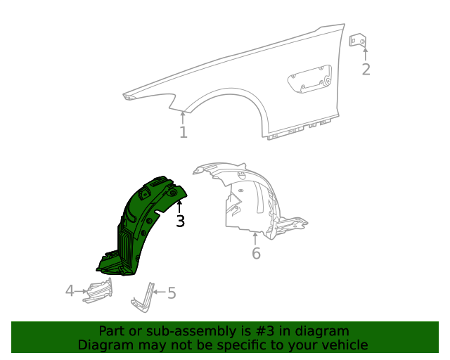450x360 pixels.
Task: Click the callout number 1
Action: [184, 132]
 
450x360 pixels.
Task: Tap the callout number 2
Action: [366, 70]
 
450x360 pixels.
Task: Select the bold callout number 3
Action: [180, 221]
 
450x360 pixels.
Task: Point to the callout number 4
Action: [70, 291]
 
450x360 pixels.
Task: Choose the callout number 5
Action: [172, 293]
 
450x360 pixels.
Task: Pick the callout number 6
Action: [256, 253]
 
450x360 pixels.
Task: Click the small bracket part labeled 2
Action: [358, 40]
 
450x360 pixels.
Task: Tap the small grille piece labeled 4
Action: [98, 291]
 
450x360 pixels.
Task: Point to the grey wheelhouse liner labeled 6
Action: [247, 201]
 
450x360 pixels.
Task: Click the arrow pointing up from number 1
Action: [183, 119]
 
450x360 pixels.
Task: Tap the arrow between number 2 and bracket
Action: [366, 55]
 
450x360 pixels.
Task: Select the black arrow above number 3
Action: [179, 207]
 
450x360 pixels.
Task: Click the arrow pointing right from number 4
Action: [81, 291]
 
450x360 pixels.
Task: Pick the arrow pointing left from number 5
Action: [160, 292]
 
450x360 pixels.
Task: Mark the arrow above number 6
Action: [255, 239]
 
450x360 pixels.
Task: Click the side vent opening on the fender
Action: [310, 79]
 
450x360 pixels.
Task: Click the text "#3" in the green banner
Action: [264, 331]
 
